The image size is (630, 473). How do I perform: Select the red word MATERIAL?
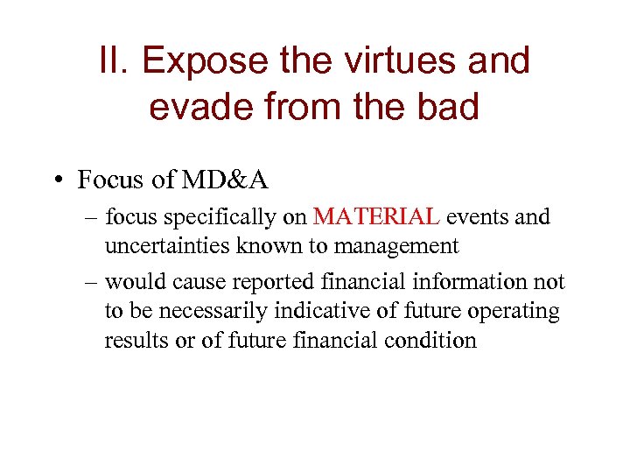click(375, 217)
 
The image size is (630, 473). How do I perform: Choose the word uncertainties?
click(167, 246)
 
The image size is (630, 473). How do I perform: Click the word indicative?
click(342, 311)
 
